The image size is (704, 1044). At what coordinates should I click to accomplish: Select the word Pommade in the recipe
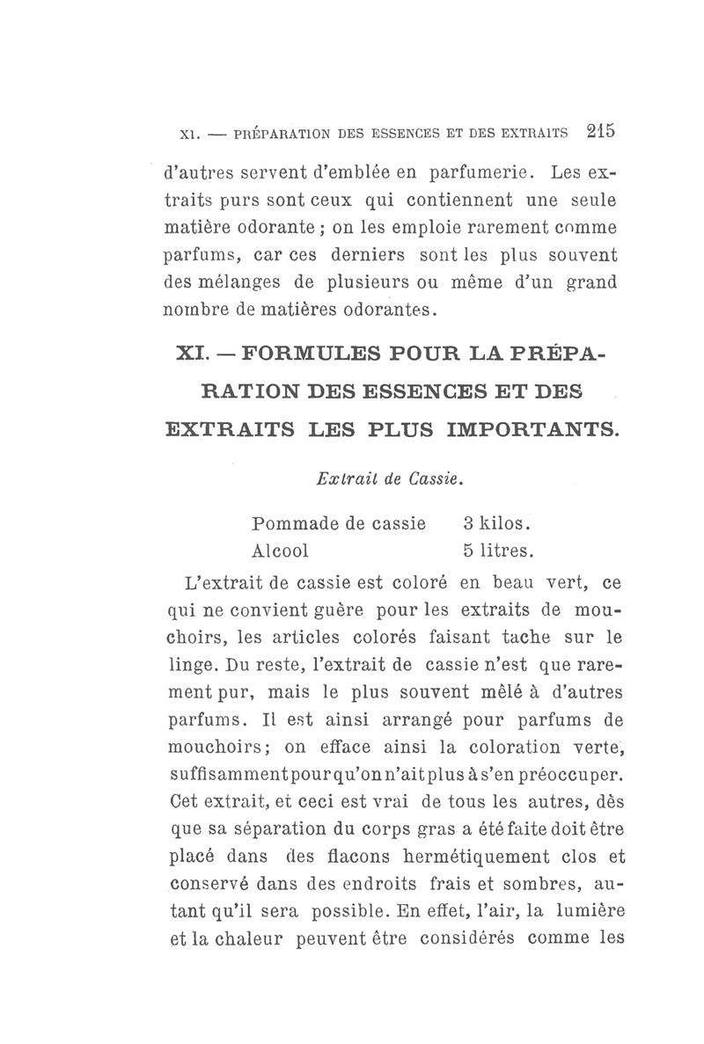291,524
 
